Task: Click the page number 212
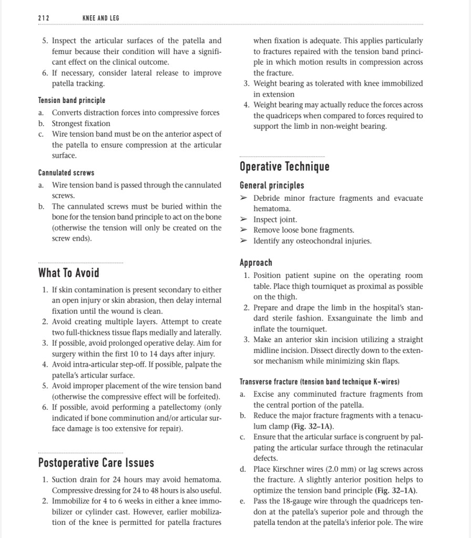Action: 44,18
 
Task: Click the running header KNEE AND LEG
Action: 101,18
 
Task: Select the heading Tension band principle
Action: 71,100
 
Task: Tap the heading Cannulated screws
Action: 66,172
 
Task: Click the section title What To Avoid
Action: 68,273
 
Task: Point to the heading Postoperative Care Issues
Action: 96,463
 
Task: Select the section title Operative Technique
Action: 284,167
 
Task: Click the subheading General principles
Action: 272,185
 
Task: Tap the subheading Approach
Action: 256,263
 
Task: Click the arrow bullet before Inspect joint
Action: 243,220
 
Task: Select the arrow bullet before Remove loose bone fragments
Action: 243,230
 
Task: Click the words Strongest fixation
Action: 81,123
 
